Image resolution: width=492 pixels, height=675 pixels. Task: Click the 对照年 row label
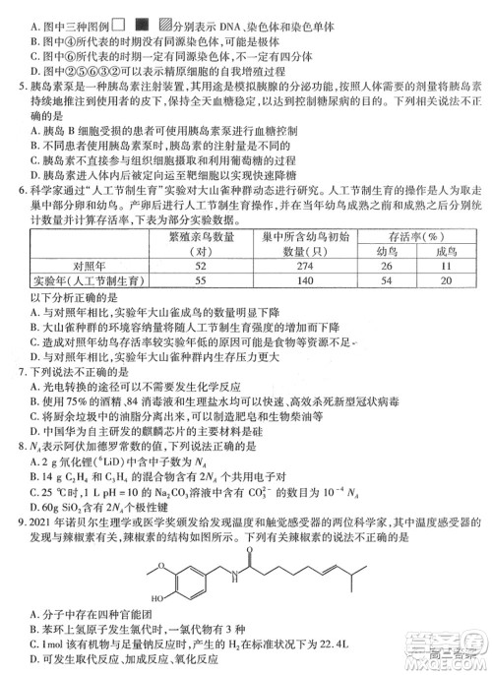82,266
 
